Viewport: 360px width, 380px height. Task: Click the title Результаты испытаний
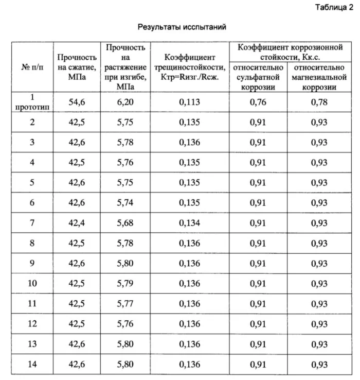tap(183, 26)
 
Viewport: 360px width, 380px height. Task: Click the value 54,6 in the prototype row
tap(77, 102)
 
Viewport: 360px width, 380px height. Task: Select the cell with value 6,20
tap(125, 102)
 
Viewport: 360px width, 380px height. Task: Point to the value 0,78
tap(319, 102)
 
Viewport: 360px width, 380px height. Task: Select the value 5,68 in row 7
tap(125, 223)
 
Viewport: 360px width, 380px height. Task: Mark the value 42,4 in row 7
tap(77, 223)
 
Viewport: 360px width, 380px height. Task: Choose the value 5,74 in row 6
tap(125, 203)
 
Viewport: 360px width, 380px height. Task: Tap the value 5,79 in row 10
tap(125, 284)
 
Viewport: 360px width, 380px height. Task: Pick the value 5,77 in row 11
tap(125, 304)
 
